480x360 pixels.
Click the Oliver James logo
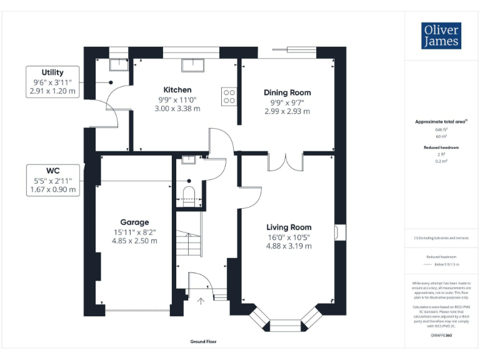(x=441, y=36)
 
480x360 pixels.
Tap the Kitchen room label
(x=177, y=89)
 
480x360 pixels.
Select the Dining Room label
(x=287, y=92)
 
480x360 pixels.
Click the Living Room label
(x=289, y=227)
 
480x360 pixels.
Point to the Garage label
(x=134, y=222)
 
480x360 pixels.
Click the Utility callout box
(x=52, y=82)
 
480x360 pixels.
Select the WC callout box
(x=52, y=180)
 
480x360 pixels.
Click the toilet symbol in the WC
(x=189, y=193)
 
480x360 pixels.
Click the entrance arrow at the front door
(x=201, y=301)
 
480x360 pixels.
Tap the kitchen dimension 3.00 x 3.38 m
(x=177, y=108)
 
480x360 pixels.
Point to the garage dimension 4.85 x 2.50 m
(x=134, y=240)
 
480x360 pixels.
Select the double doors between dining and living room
(x=286, y=162)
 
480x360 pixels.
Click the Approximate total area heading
(x=441, y=121)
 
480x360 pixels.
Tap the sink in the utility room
(x=117, y=64)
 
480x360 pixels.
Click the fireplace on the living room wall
(x=338, y=232)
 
